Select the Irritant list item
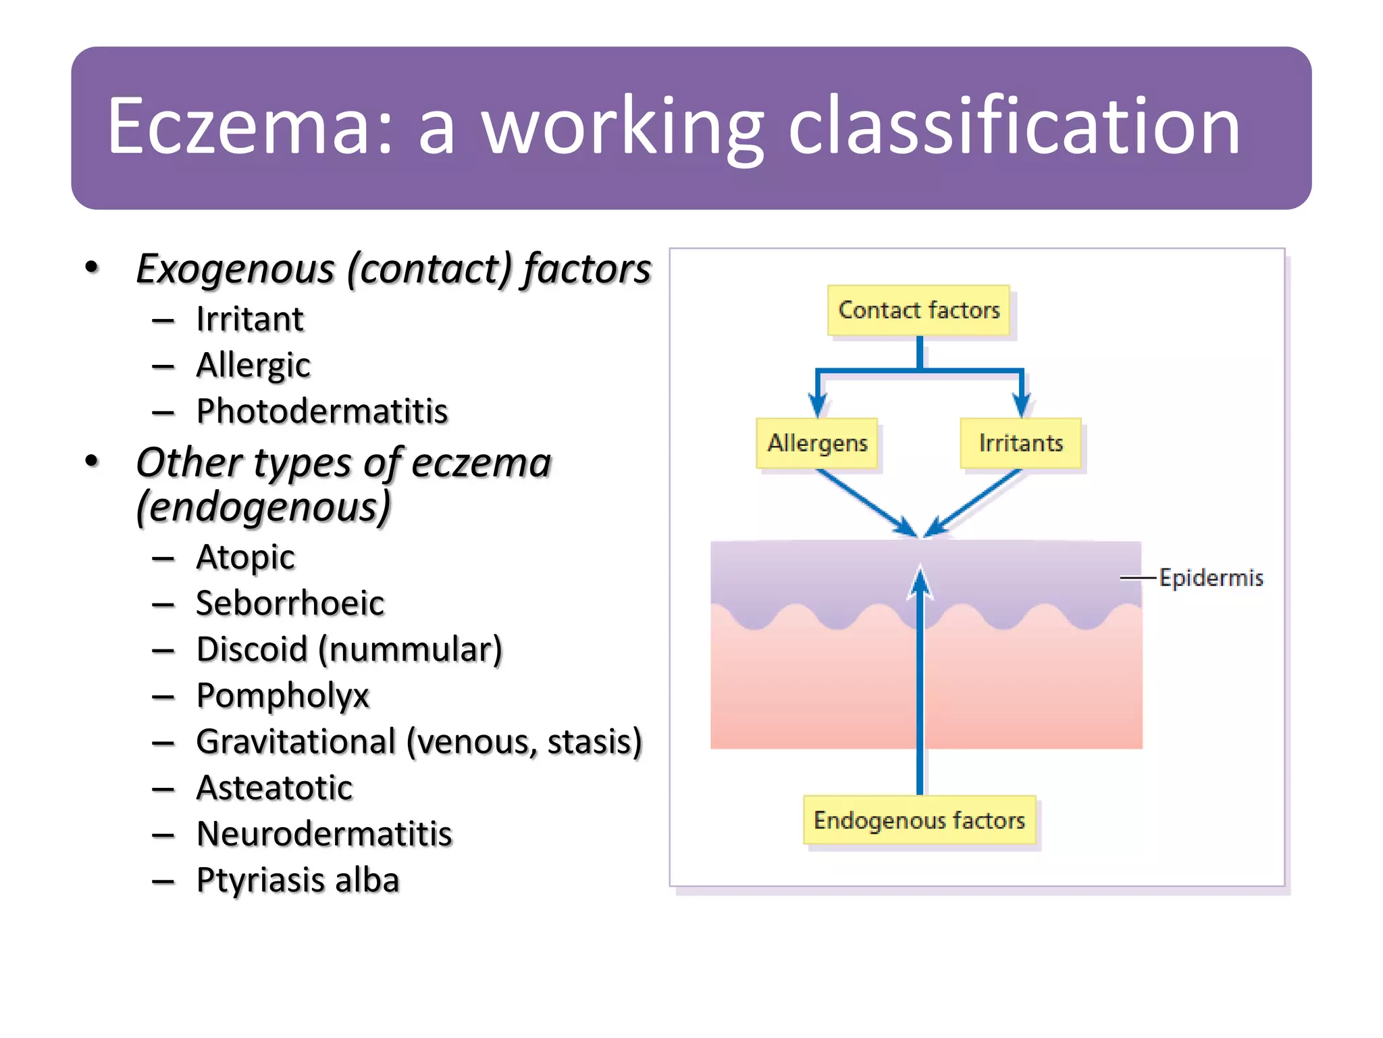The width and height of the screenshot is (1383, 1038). (250, 319)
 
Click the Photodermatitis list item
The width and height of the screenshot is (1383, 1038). (322, 411)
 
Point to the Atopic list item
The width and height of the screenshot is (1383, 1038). (245, 558)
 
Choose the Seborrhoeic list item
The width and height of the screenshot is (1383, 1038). (290, 603)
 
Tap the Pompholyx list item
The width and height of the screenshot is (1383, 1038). (283, 695)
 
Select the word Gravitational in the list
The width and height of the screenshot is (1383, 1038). (296, 741)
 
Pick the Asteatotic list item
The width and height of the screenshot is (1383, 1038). (274, 788)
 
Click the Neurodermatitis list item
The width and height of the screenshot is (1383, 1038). (324, 834)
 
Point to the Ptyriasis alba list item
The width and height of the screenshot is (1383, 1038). (298, 880)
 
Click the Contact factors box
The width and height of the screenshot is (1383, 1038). (918, 310)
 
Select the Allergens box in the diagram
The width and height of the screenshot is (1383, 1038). (817, 443)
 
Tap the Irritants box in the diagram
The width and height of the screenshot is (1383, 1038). (1020, 443)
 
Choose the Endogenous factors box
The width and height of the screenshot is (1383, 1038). (919, 820)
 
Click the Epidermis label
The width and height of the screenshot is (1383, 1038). (1211, 578)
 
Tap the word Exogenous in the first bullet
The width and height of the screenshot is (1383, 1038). (235, 269)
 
